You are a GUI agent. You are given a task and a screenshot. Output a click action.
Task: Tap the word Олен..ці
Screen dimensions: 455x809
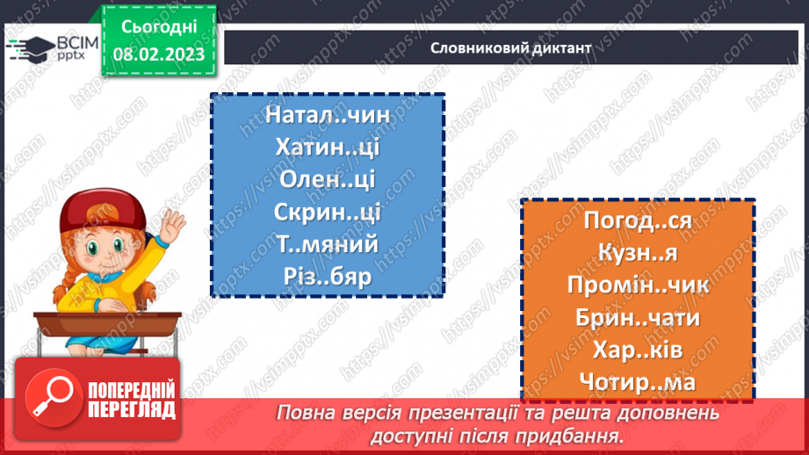[328, 180]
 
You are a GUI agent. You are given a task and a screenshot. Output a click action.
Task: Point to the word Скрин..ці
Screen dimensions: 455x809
[328, 213]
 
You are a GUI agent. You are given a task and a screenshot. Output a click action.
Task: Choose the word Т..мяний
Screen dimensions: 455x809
[328, 244]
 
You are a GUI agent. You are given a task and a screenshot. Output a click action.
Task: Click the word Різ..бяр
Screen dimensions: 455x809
[328, 277]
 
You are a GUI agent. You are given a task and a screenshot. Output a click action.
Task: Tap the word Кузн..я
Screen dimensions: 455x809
[638, 253]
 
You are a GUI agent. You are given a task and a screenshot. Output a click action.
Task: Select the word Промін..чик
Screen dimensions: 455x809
[638, 285]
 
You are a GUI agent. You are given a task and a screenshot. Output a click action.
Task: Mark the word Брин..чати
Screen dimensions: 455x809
[638, 317]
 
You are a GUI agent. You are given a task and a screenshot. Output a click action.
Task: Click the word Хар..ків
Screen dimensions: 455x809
[638, 350]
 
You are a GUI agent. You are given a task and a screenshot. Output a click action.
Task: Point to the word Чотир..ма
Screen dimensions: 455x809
[638, 382]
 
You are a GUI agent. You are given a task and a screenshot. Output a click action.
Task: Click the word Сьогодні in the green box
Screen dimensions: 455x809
[159, 26]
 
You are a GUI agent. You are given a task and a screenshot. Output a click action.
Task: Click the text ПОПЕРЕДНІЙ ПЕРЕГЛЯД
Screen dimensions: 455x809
[131, 401]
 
